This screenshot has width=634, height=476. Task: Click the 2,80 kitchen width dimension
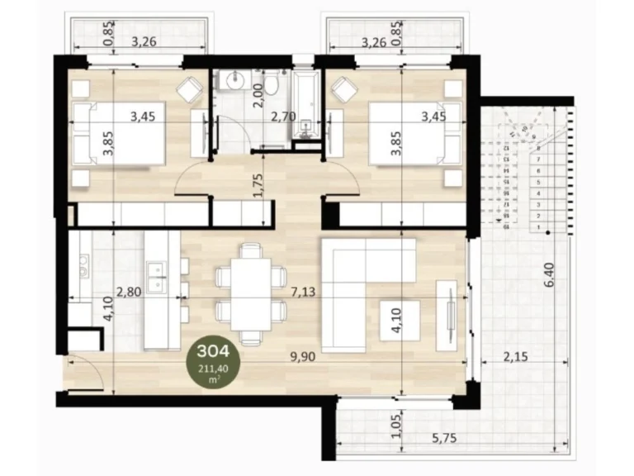130,292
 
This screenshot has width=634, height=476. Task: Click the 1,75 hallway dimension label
258,184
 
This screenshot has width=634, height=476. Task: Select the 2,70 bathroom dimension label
285,118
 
